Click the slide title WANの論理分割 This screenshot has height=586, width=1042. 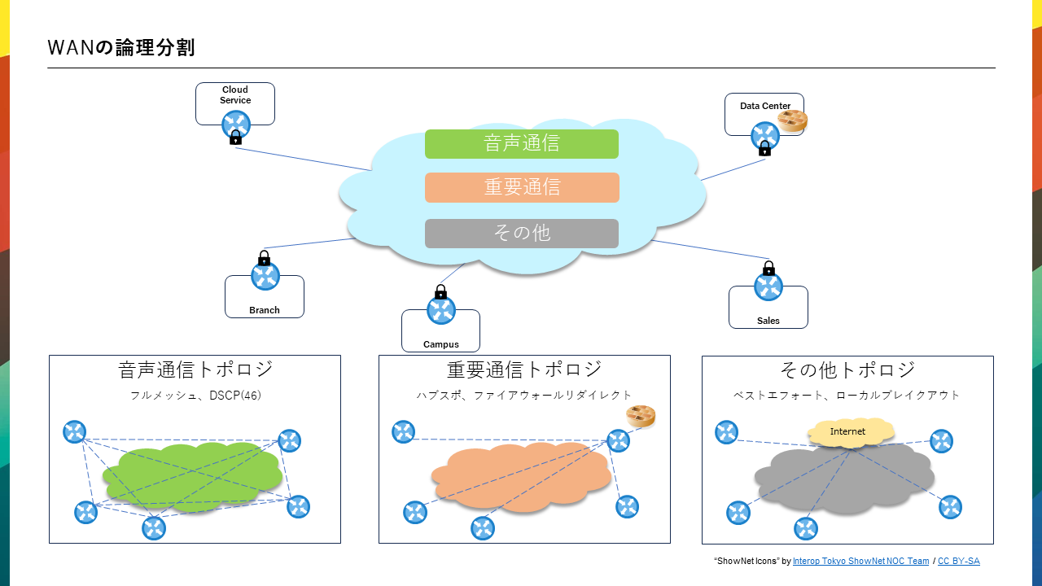[121, 47]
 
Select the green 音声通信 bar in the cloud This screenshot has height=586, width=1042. [521, 144]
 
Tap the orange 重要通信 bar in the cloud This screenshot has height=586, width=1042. [521, 187]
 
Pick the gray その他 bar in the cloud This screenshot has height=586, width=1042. [521, 234]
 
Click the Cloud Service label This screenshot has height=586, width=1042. [235, 95]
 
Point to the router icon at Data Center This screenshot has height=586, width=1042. [764, 135]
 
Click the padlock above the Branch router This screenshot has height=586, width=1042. [264, 258]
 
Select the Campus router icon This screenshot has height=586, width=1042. [440, 310]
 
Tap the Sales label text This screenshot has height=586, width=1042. [768, 321]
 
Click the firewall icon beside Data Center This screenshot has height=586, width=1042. [792, 121]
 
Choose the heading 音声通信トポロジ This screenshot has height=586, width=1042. [195, 370]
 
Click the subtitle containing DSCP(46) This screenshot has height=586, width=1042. [195, 396]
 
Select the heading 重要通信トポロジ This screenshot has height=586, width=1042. [524, 370]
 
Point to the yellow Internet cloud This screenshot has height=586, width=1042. [847, 432]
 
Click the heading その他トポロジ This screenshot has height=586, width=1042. [847, 370]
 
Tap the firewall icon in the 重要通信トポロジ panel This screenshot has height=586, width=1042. [641, 416]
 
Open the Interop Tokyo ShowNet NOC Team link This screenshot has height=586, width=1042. [860, 562]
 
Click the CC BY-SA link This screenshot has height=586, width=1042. [958, 562]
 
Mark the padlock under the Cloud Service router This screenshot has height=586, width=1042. [235, 138]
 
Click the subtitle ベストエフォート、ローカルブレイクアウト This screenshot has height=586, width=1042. [847, 396]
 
